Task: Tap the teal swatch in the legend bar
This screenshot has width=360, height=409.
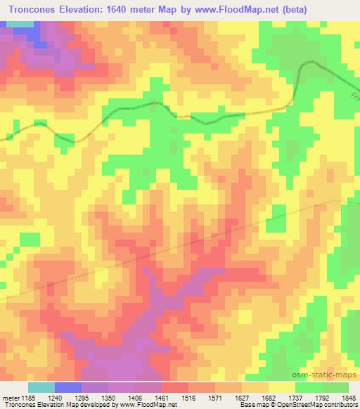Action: (x=41, y=387)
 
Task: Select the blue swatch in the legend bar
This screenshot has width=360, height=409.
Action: (x=68, y=387)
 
